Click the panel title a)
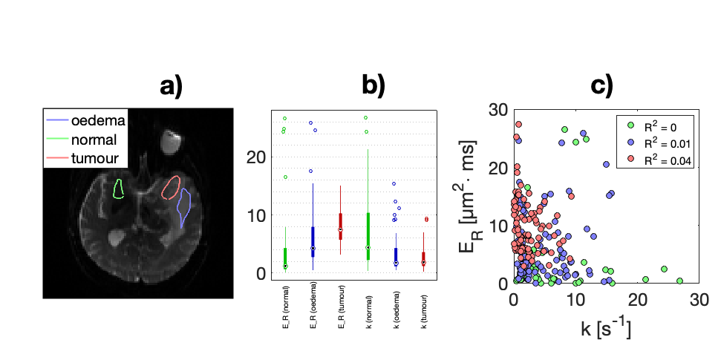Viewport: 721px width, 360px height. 172,87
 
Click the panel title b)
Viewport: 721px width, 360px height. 373,87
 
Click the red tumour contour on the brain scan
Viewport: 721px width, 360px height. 172,188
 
